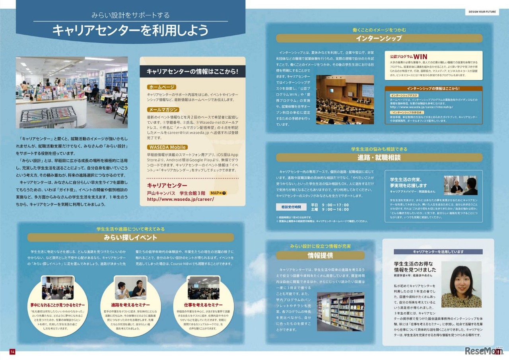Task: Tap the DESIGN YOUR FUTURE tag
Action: (x=482, y=12)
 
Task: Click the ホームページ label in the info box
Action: (x=161, y=87)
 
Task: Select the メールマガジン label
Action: (x=163, y=110)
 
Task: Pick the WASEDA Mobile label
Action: (x=167, y=147)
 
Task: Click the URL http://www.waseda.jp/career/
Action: (x=181, y=199)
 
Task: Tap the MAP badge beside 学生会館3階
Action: (x=218, y=193)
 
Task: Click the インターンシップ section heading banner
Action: (x=379, y=39)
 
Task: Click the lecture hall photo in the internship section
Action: (x=345, y=99)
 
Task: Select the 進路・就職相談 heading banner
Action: (x=379, y=157)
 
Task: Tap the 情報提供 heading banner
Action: (x=320, y=255)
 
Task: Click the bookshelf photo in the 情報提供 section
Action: (x=341, y=312)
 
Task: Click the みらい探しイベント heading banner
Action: (x=130, y=238)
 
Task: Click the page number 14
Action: (x=12, y=352)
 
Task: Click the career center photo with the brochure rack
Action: (x=72, y=92)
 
